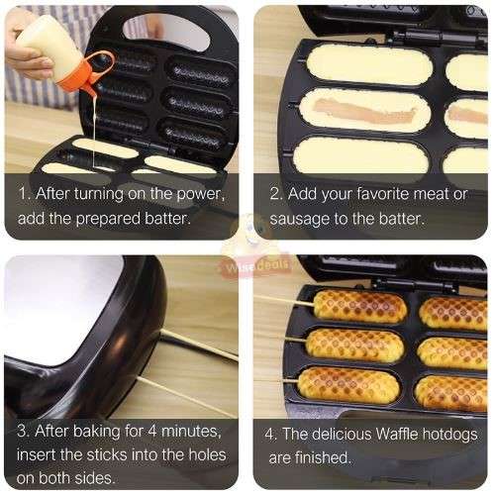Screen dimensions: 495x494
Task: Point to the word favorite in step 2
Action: coord(376,193)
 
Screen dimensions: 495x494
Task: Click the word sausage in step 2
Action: coord(298,217)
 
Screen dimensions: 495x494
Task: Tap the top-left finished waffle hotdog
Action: coord(358,306)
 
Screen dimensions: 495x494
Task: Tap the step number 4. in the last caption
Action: coord(270,433)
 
